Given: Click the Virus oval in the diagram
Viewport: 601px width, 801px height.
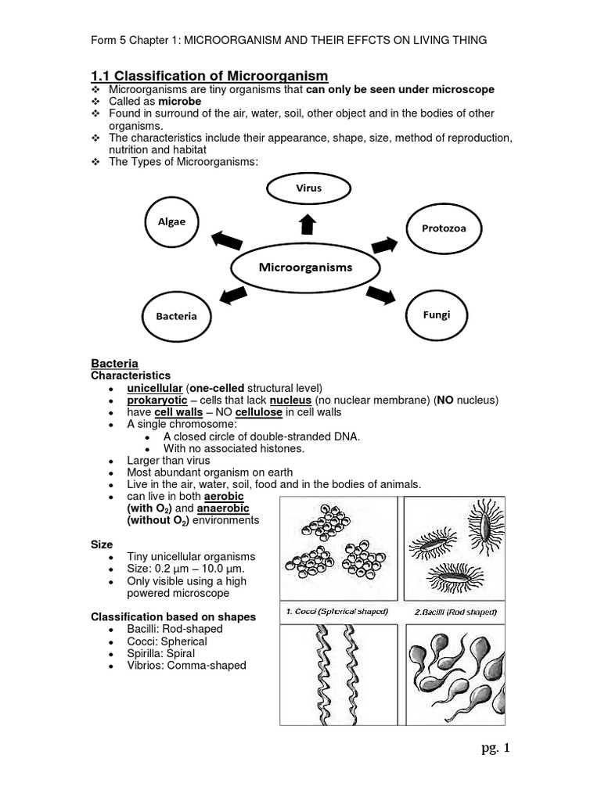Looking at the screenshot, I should click(x=308, y=189).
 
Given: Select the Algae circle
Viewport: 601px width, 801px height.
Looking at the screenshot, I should click(x=172, y=221).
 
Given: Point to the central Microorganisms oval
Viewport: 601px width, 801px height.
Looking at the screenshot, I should click(x=305, y=268).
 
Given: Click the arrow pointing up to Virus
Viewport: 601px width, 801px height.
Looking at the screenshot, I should click(x=308, y=224).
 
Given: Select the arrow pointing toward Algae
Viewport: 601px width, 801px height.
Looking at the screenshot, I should click(x=227, y=240).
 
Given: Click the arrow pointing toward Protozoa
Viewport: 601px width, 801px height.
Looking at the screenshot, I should click(x=383, y=245).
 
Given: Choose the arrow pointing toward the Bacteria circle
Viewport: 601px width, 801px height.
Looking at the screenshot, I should click(x=233, y=295).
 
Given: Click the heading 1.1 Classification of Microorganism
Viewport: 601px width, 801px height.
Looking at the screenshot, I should click(x=209, y=75).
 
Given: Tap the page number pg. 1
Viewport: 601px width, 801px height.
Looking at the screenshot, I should click(x=495, y=749).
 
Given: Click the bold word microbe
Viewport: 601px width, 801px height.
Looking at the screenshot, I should click(x=180, y=102).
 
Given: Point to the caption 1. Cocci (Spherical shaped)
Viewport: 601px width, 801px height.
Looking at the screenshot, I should click(x=339, y=611).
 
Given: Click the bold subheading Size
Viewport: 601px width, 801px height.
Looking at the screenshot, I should click(x=102, y=544).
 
